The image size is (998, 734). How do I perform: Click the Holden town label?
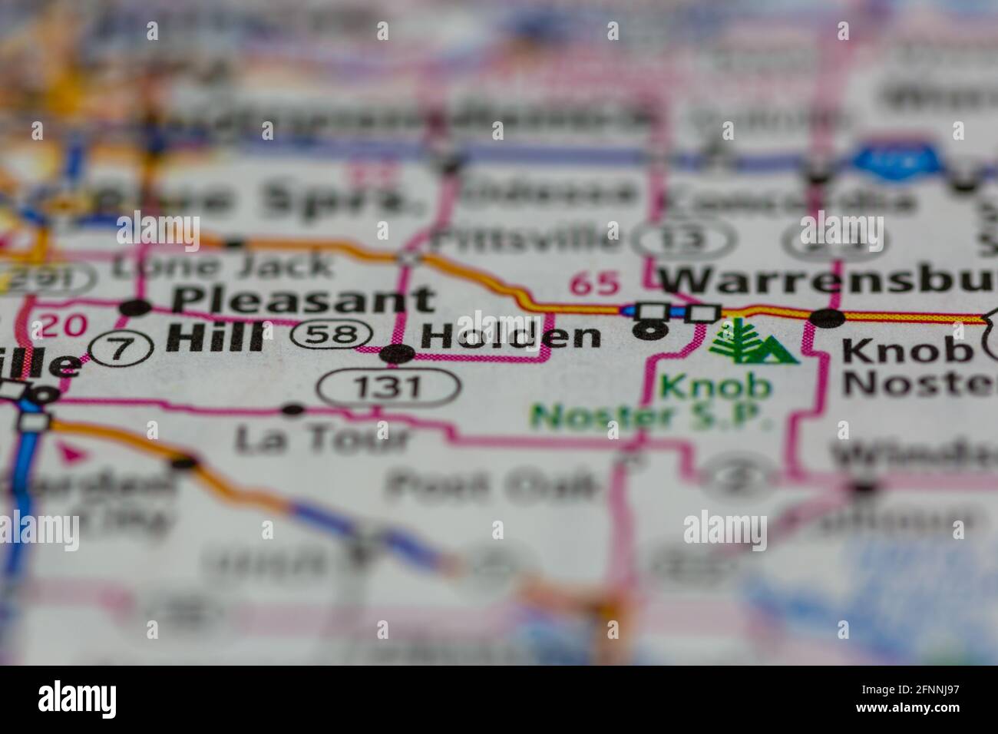coord(511,336)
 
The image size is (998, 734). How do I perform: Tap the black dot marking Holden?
coord(398,354)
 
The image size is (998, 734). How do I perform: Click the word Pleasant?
coord(303,299)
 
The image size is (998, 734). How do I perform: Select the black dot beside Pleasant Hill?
coord(137,309)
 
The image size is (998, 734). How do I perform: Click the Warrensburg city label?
coord(829,279)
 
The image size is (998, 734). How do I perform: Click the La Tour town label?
coord(322,439)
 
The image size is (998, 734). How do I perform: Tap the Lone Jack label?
coord(223,265)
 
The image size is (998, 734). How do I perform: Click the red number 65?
coord(594,284)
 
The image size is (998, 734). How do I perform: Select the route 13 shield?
coord(685,240)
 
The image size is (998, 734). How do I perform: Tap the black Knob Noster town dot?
coord(829,317)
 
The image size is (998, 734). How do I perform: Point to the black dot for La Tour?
coord(292,410)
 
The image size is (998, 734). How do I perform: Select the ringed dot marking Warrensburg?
coord(652,330)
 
